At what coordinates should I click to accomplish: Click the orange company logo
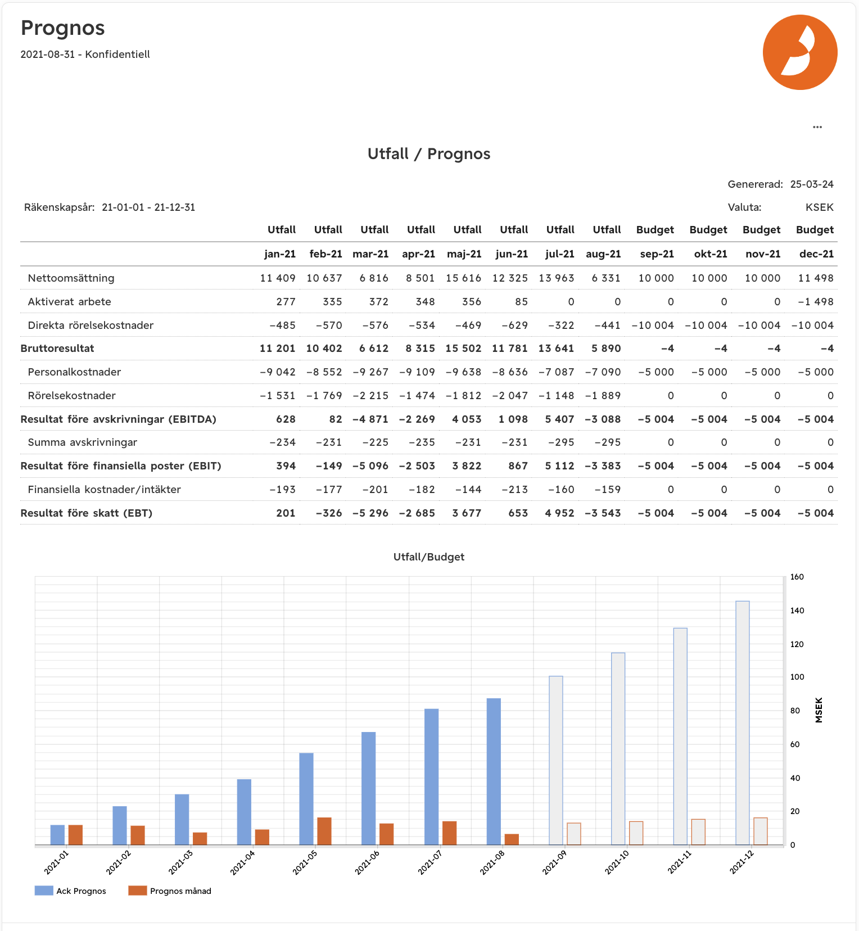point(799,52)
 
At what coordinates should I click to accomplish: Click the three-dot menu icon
point(817,127)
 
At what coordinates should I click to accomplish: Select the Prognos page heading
point(63,28)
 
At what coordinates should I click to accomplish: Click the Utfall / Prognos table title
point(429,154)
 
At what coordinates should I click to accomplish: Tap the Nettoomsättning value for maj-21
point(464,278)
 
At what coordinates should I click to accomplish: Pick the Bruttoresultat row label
point(57,349)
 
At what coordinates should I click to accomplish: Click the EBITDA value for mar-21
point(370,419)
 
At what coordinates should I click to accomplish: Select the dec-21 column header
point(816,254)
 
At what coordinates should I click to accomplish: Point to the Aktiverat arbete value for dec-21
point(816,302)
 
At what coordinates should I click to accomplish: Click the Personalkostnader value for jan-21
point(278,372)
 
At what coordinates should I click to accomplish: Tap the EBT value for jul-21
point(559,513)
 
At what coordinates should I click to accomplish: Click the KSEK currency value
point(819,207)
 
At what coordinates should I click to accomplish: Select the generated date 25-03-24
point(812,184)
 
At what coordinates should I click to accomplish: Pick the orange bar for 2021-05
point(324,831)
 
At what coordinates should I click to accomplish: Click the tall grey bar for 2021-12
point(742,722)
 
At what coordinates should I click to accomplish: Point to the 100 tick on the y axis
point(797,677)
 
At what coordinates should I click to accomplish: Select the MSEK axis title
point(819,710)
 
